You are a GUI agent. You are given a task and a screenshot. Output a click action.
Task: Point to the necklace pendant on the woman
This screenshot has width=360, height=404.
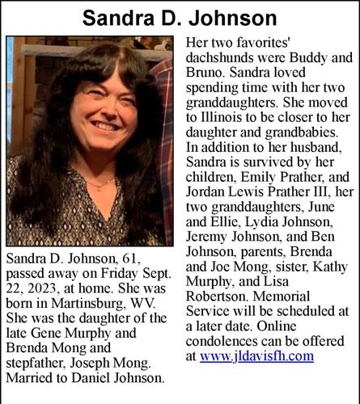pyautogui.click(x=97, y=187)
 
